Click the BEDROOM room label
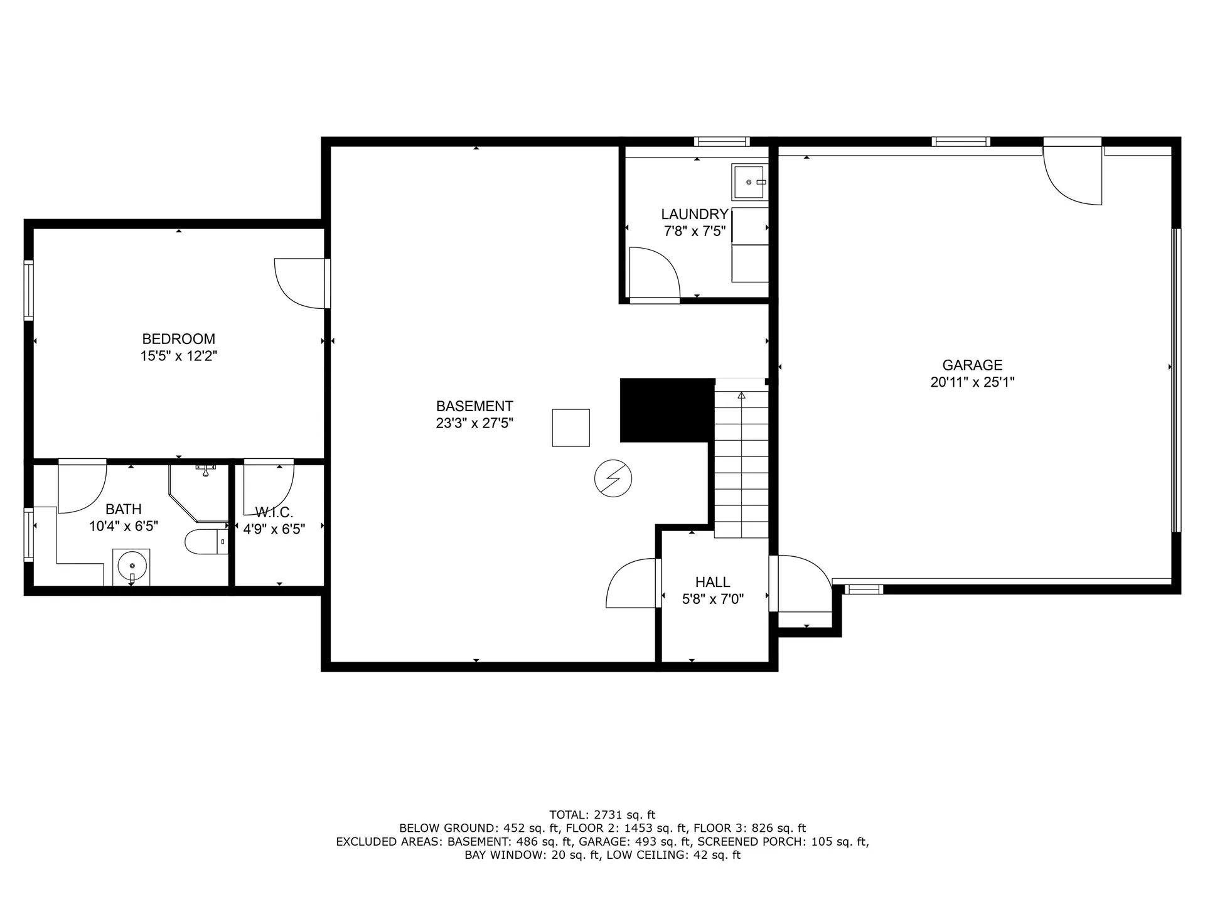tap(178, 339)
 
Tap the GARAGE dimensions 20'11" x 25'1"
tap(972, 382)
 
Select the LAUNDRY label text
tap(694, 214)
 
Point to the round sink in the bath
tap(132, 566)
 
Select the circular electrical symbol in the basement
tap(613, 479)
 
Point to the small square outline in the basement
tap(570, 428)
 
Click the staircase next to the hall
tap(741, 465)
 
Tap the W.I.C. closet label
tap(274, 512)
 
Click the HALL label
tap(712, 582)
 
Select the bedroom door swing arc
tap(296, 286)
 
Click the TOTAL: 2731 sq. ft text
tap(602, 815)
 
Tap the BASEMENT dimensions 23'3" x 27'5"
tap(474, 424)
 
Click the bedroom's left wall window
tap(28, 289)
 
